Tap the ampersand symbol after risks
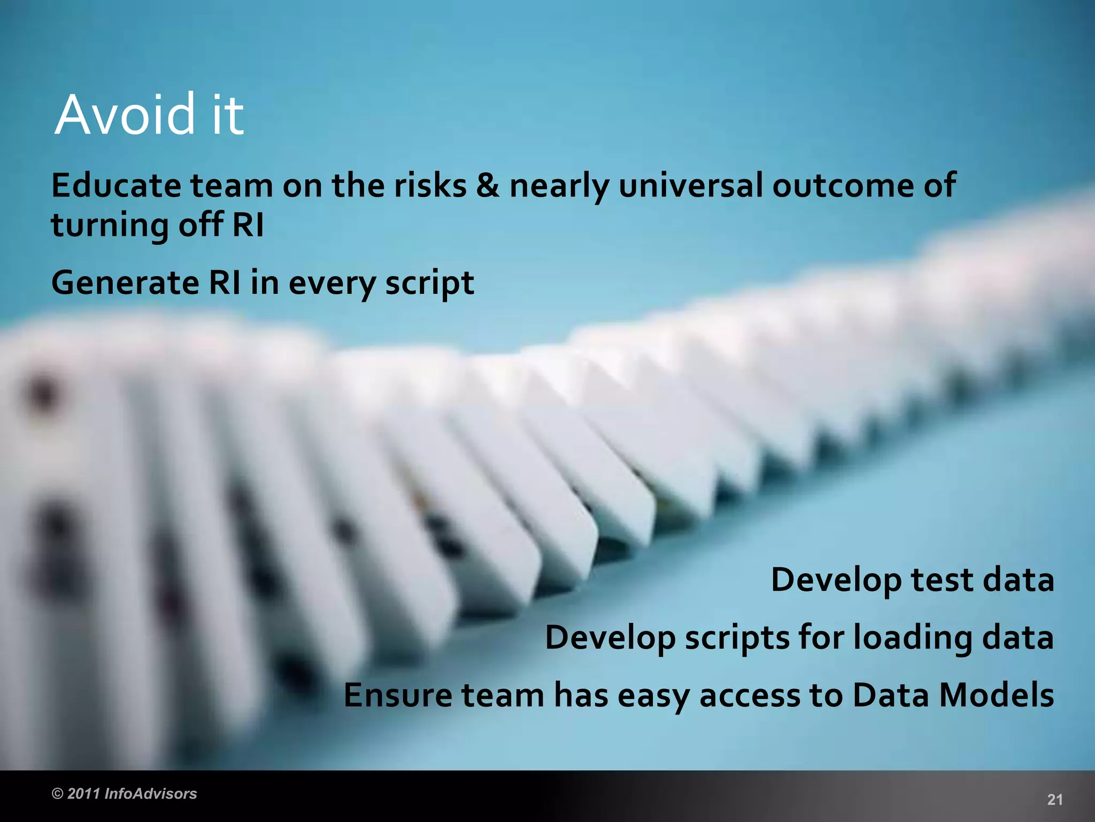[488, 186]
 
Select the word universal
[690, 186]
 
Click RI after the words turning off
[248, 224]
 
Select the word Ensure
[397, 696]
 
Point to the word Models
[997, 696]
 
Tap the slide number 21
[1054, 800]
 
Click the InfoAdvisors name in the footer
[151, 794]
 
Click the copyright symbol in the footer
[57, 794]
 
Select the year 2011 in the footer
[84, 794]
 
